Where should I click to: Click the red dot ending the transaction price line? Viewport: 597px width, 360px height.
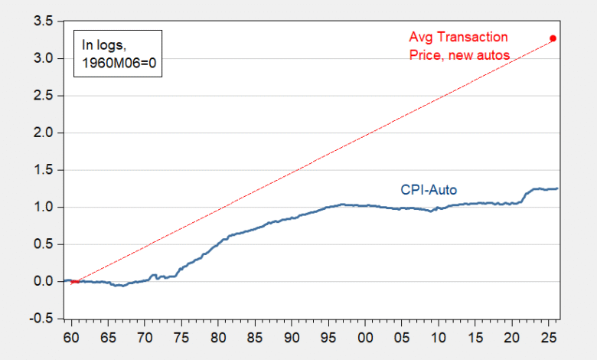[x=553, y=38]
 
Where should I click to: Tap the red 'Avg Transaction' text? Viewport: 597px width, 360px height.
[x=458, y=37]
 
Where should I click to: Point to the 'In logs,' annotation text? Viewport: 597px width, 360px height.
[x=101, y=44]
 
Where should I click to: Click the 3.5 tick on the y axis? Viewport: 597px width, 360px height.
[x=42, y=21]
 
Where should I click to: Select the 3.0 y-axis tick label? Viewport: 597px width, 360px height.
[x=42, y=59]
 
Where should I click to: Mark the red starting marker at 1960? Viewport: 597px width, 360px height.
[x=74, y=282]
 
